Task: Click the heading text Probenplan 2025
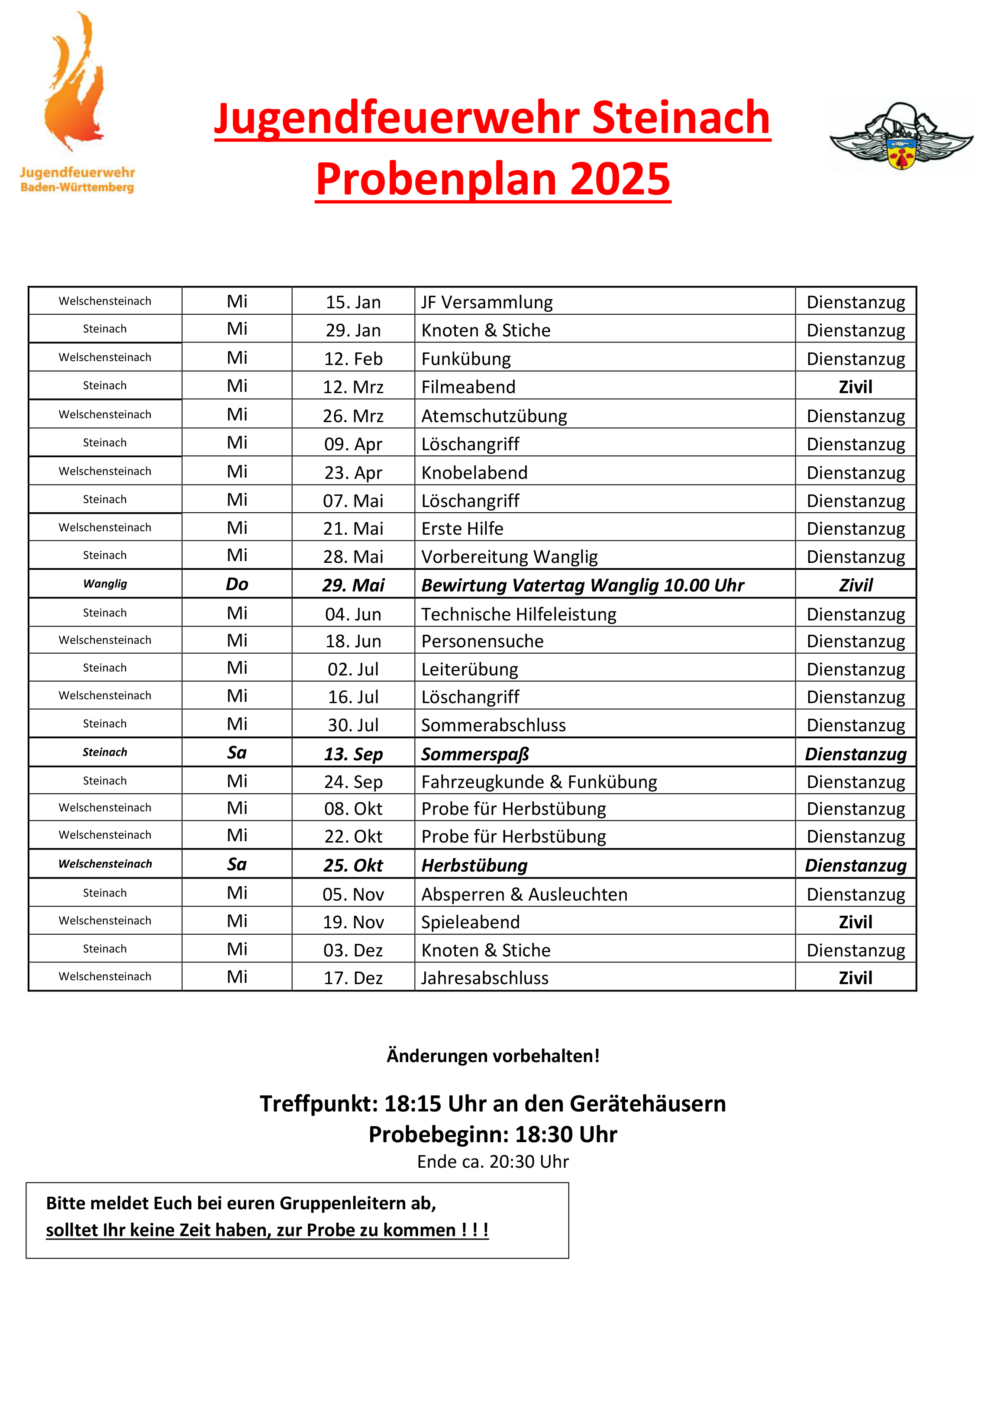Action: click(493, 179)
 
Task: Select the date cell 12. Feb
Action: click(353, 359)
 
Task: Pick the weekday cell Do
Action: click(237, 584)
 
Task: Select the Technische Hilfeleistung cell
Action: click(519, 614)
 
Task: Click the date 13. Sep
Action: click(353, 754)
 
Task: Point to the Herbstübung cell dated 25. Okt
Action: click(474, 866)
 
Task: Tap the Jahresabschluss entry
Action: click(485, 978)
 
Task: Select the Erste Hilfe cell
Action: click(462, 529)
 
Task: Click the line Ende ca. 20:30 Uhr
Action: click(493, 1161)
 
